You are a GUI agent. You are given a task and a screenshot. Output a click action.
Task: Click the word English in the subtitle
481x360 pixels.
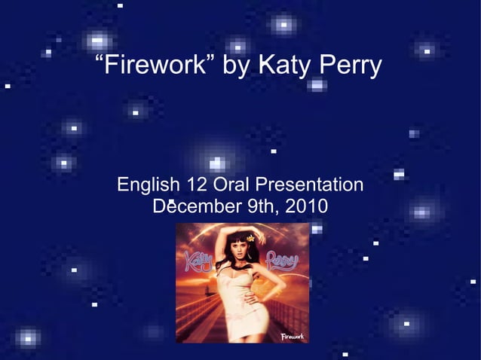coord(149,185)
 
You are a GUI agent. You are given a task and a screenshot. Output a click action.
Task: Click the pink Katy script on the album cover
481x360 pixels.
coord(197,263)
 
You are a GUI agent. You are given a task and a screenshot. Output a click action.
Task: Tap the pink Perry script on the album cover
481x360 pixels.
coord(282,261)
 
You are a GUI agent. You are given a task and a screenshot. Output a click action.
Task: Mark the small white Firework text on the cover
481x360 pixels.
coord(292,335)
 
